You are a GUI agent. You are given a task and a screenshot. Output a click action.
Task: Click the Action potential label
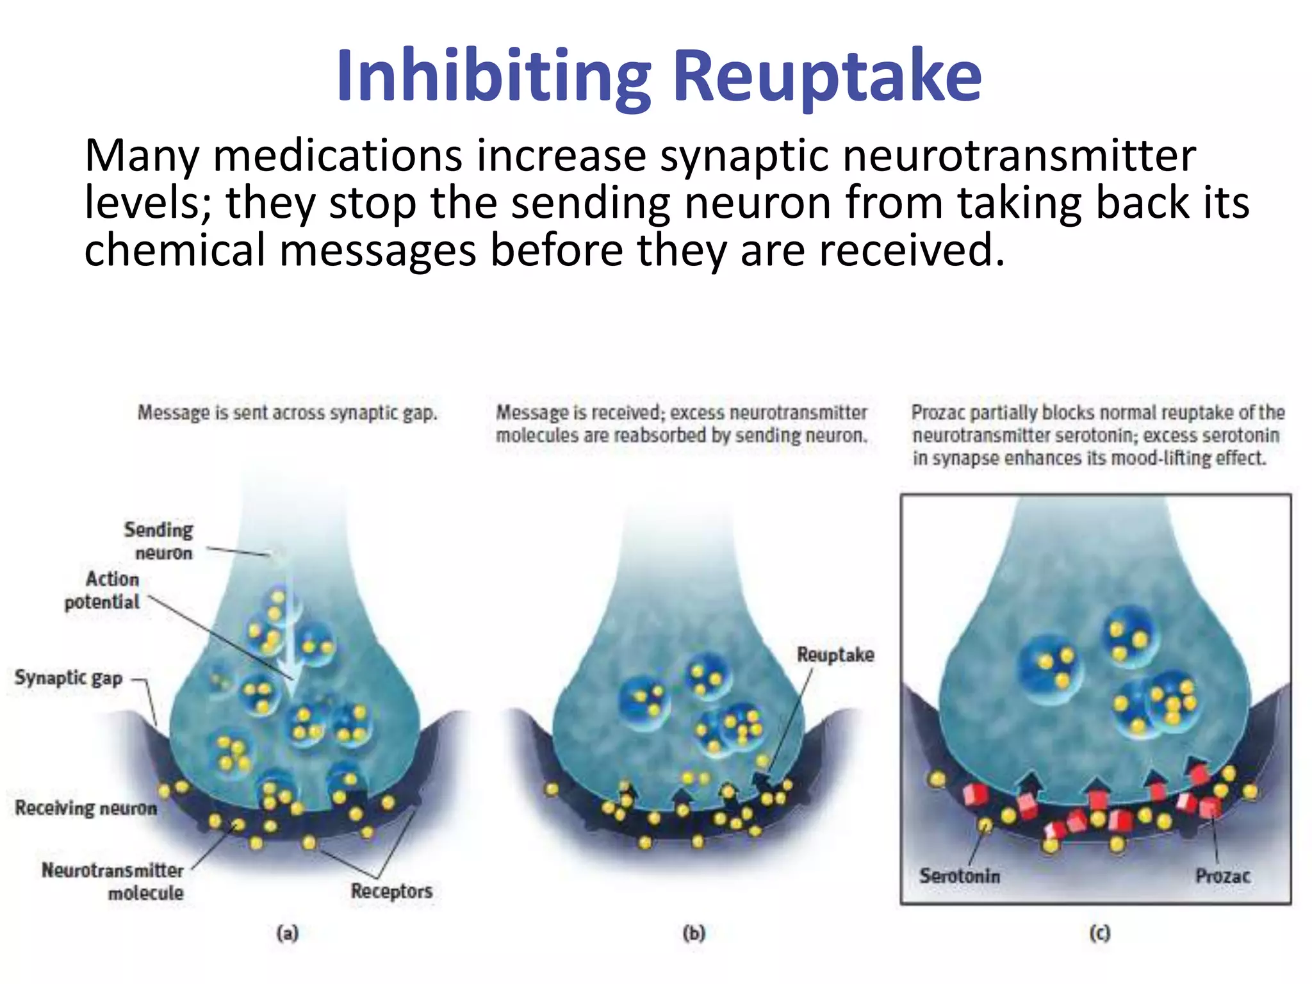pos(102,590)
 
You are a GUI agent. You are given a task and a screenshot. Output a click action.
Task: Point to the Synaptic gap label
pos(69,678)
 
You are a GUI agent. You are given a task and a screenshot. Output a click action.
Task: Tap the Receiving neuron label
pos(86,808)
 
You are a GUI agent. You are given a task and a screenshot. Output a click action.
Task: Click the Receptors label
pos(391,891)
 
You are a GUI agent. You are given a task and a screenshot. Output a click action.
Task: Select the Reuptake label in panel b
pos(835,655)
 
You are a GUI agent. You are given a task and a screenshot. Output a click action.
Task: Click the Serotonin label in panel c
pos(959,876)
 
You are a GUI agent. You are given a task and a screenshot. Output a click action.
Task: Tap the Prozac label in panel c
pos(1222,876)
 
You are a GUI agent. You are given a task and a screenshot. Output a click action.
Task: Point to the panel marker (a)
pos(288,933)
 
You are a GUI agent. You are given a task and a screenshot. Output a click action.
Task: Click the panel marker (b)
pos(694,933)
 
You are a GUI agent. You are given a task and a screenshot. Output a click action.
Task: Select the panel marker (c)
pos(1100,933)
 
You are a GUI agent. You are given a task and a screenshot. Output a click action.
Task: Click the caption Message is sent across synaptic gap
pos(288,413)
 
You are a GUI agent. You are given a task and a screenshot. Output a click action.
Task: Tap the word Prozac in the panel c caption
pos(938,413)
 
